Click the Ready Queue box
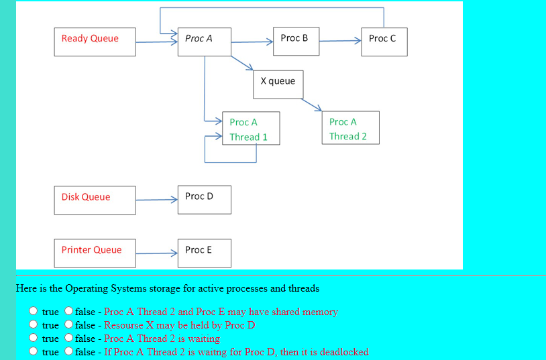(x=95, y=42)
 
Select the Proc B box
(x=296, y=42)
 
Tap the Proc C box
(x=384, y=42)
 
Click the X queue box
(x=278, y=84)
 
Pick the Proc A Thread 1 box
(x=251, y=128)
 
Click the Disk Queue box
(x=95, y=200)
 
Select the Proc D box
(x=205, y=200)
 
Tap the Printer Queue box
(x=95, y=253)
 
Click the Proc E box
(x=205, y=253)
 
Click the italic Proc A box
(x=205, y=42)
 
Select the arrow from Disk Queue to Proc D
(x=156, y=200)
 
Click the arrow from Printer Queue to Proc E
(x=156, y=253)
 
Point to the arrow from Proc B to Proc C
(x=340, y=41)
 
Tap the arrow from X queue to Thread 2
(x=312, y=105)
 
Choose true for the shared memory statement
(x=33, y=311)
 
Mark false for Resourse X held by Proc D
(x=68, y=324)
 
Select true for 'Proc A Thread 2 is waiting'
(x=33, y=338)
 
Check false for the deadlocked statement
(x=68, y=351)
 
